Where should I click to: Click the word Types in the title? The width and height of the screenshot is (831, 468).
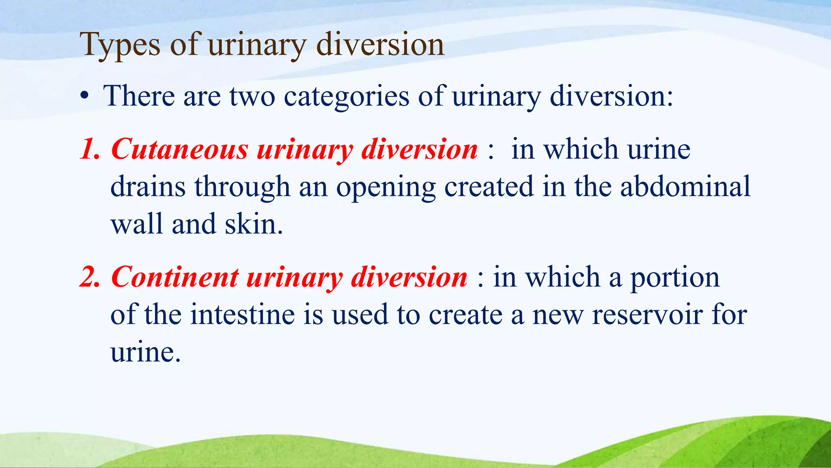[x=120, y=45]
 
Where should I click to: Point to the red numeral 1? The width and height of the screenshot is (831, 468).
[x=89, y=149]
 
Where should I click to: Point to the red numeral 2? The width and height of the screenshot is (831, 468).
[x=89, y=277]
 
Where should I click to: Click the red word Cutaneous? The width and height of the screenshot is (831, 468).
[x=179, y=149]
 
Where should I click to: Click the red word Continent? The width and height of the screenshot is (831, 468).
[x=174, y=277]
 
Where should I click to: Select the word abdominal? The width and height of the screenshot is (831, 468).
[x=685, y=186]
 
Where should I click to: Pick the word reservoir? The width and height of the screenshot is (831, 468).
[x=647, y=315]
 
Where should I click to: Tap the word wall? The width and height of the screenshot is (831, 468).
[x=137, y=224]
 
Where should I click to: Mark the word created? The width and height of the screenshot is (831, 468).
[x=489, y=186]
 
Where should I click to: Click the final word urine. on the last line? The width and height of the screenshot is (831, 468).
[x=145, y=352]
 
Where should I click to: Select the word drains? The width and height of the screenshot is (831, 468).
[x=148, y=186]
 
